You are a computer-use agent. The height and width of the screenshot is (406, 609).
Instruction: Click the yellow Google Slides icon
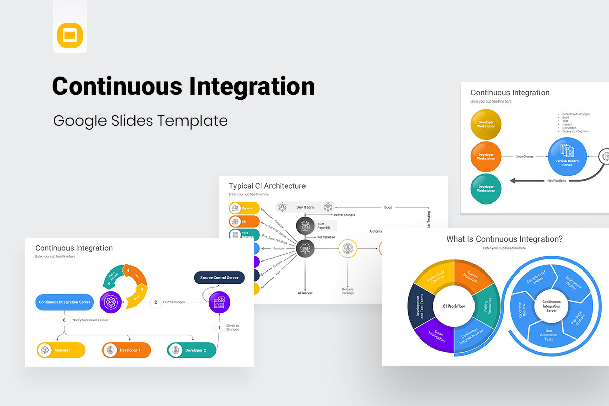(70, 36)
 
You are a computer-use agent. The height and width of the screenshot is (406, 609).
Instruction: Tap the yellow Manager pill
(60, 350)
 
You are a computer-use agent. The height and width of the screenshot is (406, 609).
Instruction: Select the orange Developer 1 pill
(126, 350)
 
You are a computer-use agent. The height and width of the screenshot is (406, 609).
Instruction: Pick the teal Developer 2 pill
(192, 350)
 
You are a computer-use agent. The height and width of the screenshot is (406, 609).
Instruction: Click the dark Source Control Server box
(219, 277)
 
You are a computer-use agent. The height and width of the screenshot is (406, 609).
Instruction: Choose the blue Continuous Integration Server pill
(64, 302)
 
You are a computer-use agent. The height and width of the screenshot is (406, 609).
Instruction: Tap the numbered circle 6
(64, 320)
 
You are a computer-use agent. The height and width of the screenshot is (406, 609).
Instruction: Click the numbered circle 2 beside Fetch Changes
(155, 302)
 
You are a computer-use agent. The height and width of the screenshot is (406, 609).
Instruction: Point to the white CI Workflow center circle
(454, 306)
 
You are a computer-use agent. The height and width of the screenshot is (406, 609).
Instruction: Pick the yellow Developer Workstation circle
(486, 124)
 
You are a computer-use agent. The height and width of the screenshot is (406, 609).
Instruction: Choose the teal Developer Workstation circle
(486, 189)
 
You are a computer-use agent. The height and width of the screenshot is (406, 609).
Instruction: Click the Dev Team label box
(305, 207)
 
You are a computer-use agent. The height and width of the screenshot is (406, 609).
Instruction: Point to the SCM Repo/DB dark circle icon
(305, 225)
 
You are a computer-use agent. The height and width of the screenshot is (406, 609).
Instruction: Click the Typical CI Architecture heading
(267, 186)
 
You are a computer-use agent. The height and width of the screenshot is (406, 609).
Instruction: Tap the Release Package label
(348, 291)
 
